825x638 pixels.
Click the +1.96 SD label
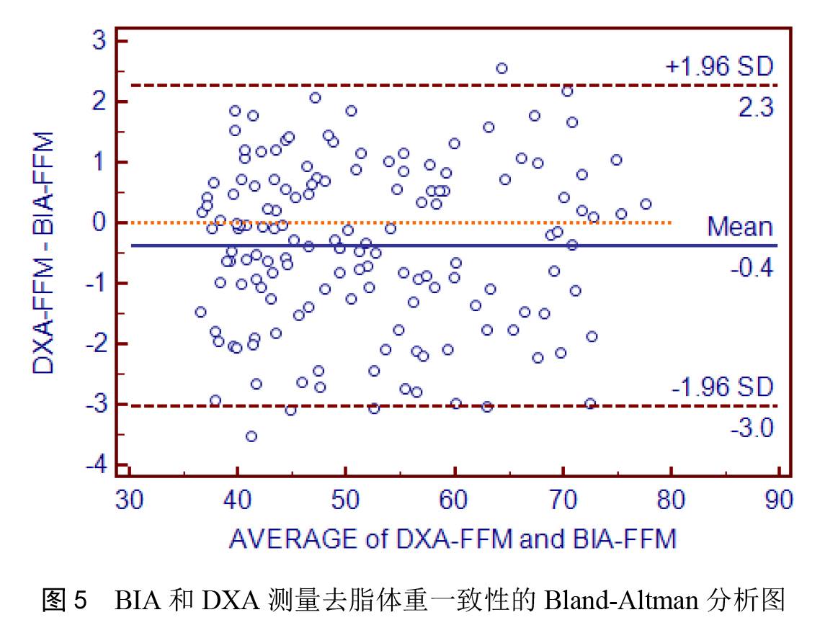point(718,67)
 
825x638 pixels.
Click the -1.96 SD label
point(722,387)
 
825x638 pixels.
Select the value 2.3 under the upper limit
point(754,107)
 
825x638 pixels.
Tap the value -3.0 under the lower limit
point(752,428)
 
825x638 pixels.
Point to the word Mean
point(740,227)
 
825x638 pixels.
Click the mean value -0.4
point(752,269)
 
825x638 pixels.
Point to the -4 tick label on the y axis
point(96,465)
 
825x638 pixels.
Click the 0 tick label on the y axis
point(100,223)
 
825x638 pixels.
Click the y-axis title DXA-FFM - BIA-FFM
point(44,252)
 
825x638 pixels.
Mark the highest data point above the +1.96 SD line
point(502,68)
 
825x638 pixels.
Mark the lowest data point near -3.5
point(251,436)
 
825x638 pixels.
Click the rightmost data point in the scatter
point(646,205)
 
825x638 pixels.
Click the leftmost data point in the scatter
point(200,312)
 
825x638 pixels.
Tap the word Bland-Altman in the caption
point(605,600)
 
